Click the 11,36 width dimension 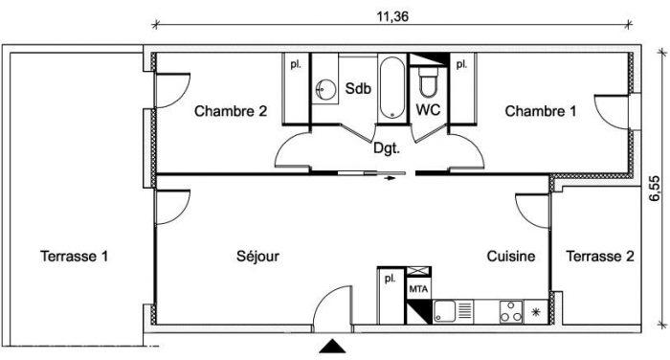392,16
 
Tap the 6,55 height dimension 654,189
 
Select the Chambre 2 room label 231,111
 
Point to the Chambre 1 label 541,111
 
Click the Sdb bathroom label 358,88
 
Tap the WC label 428,109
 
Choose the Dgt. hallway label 387,148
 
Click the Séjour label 257,256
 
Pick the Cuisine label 511,256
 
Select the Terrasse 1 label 74,256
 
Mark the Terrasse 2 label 600,256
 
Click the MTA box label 418,289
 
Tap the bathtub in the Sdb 391,88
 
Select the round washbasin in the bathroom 325,89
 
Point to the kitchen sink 445,311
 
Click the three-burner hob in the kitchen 511,312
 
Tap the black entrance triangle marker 332,346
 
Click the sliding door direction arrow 389,178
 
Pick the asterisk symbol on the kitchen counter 535,312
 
